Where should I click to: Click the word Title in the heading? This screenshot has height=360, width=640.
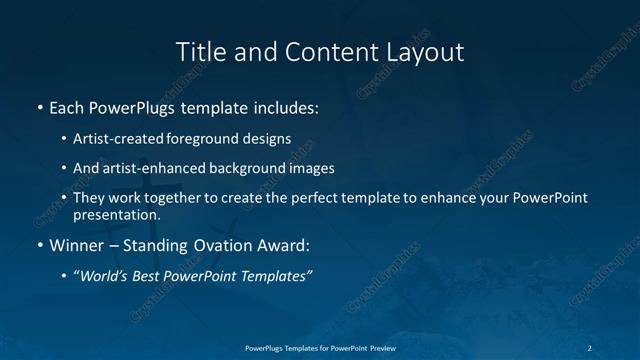click(x=198, y=51)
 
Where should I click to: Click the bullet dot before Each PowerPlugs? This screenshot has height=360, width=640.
click(x=39, y=105)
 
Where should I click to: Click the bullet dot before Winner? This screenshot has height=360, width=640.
click(x=39, y=244)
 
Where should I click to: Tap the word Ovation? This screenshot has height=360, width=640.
click(x=223, y=244)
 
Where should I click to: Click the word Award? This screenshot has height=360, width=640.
click(x=285, y=244)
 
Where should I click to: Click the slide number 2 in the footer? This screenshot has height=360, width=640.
click(x=591, y=346)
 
